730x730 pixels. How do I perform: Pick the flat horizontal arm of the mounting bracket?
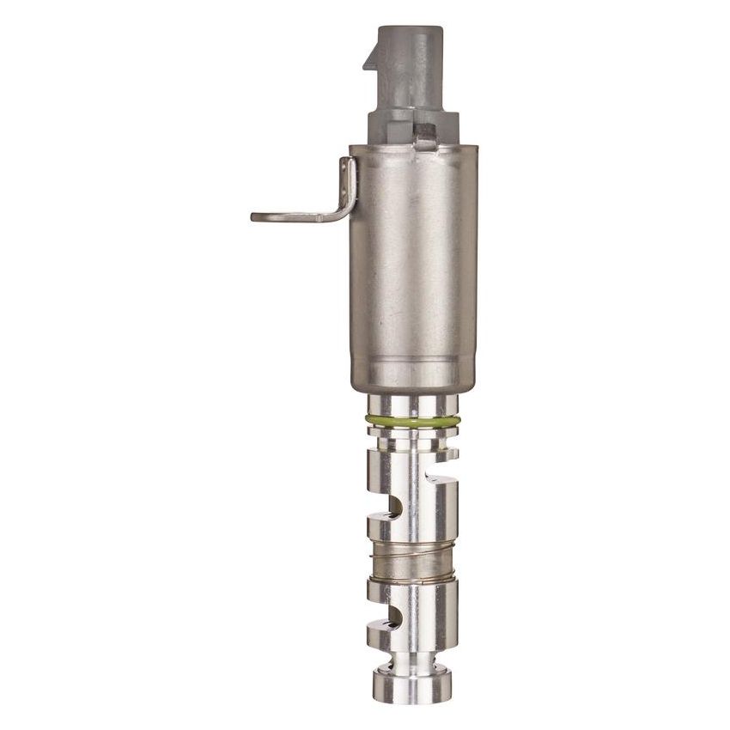click(292, 216)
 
